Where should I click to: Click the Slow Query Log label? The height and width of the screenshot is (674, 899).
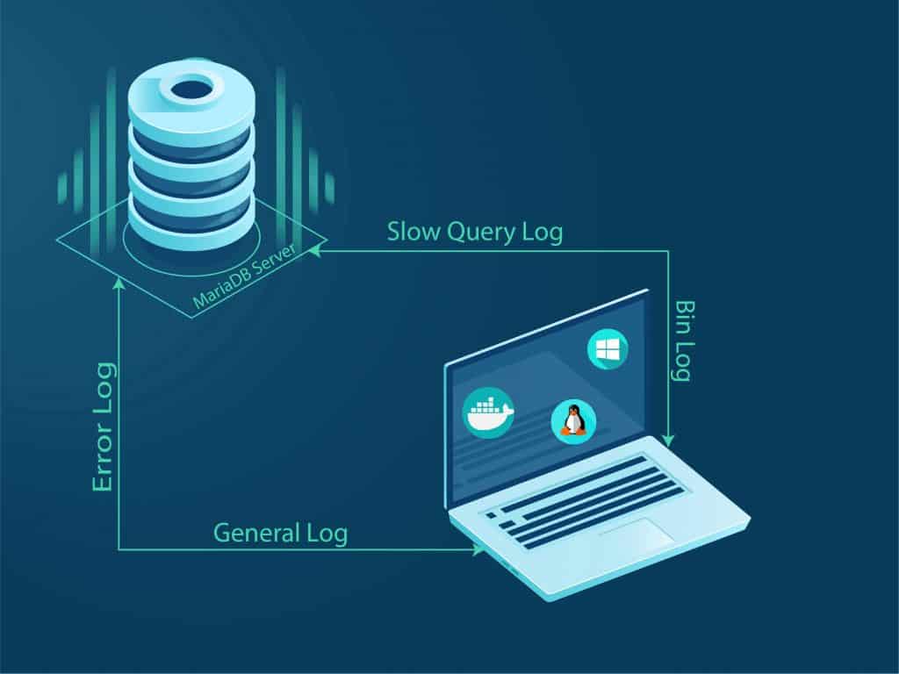pos(475,233)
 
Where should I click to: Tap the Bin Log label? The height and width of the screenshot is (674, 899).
pos(680,341)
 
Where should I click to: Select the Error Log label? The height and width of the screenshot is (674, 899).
pos(103,427)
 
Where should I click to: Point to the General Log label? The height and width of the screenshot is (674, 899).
pos(280,533)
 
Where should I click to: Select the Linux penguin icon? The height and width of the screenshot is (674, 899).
pos(573,421)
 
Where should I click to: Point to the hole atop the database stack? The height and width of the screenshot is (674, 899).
pos(191,88)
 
